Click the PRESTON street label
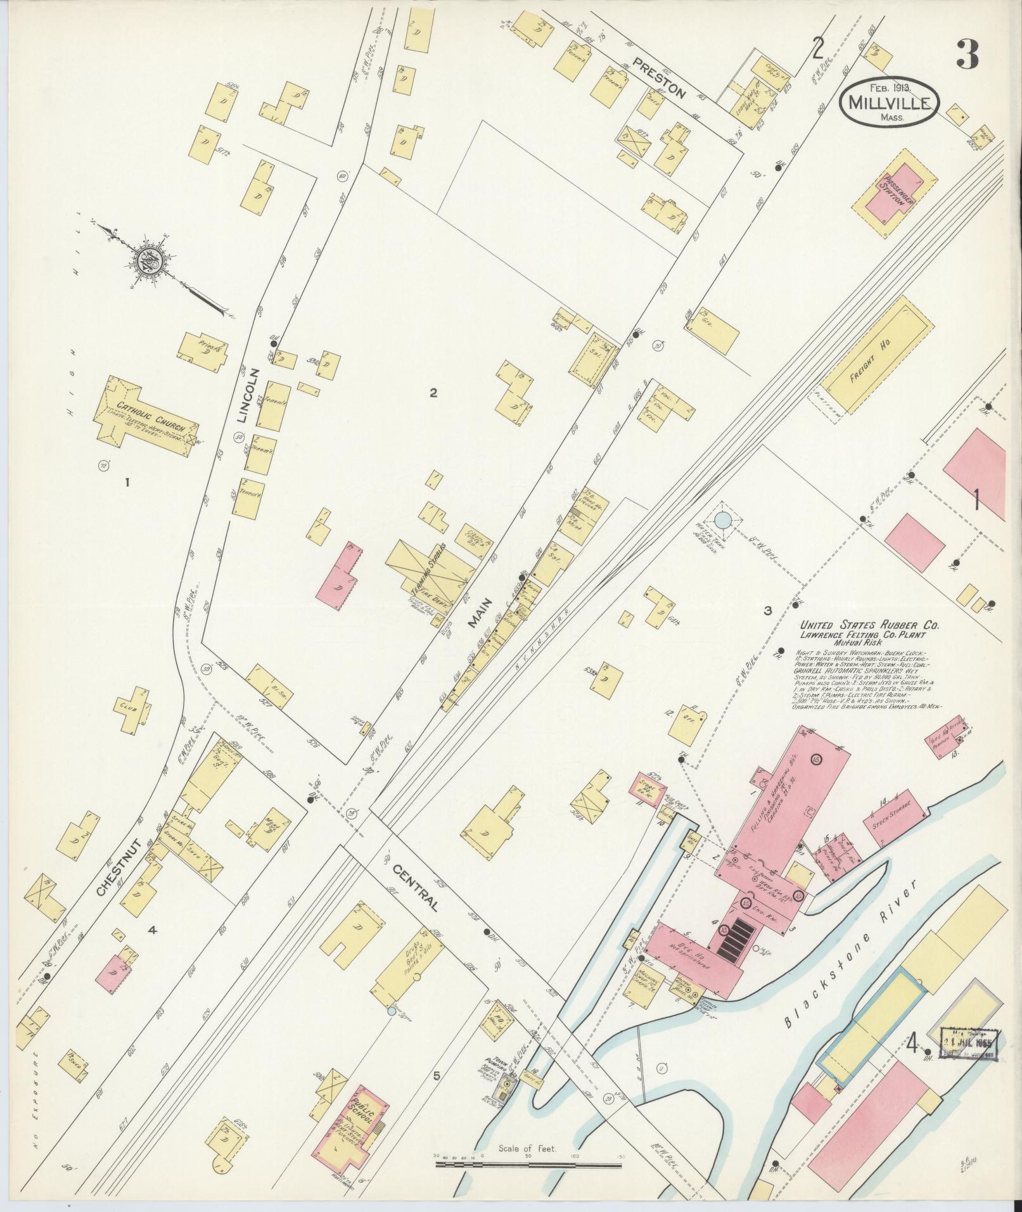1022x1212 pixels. [658, 80]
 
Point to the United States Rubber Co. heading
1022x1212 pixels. [869, 626]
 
